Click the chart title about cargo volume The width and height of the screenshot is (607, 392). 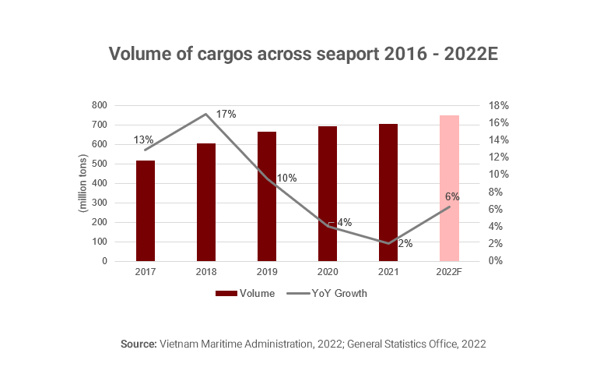pyautogui.click(x=303, y=54)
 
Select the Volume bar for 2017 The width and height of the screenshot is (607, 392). pyautogui.click(x=146, y=210)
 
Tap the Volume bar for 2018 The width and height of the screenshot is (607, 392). pyautogui.click(x=206, y=202)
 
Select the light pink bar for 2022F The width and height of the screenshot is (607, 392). pyautogui.click(x=449, y=188)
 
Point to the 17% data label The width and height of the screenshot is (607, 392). pyautogui.click(x=226, y=115)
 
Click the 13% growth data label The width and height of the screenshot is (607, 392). pyautogui.click(x=143, y=140)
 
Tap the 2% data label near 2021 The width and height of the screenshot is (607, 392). pyautogui.click(x=405, y=244)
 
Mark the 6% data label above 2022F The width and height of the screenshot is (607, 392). pyautogui.click(x=452, y=196)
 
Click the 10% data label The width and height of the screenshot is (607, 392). pyautogui.click(x=286, y=178)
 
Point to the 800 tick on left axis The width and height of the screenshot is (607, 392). pyautogui.click(x=100, y=105)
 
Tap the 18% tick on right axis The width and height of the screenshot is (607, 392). pyautogui.click(x=499, y=105)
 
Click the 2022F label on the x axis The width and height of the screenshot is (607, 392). pyautogui.click(x=449, y=273)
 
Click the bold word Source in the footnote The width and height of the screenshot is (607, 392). pyautogui.click(x=139, y=344)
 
